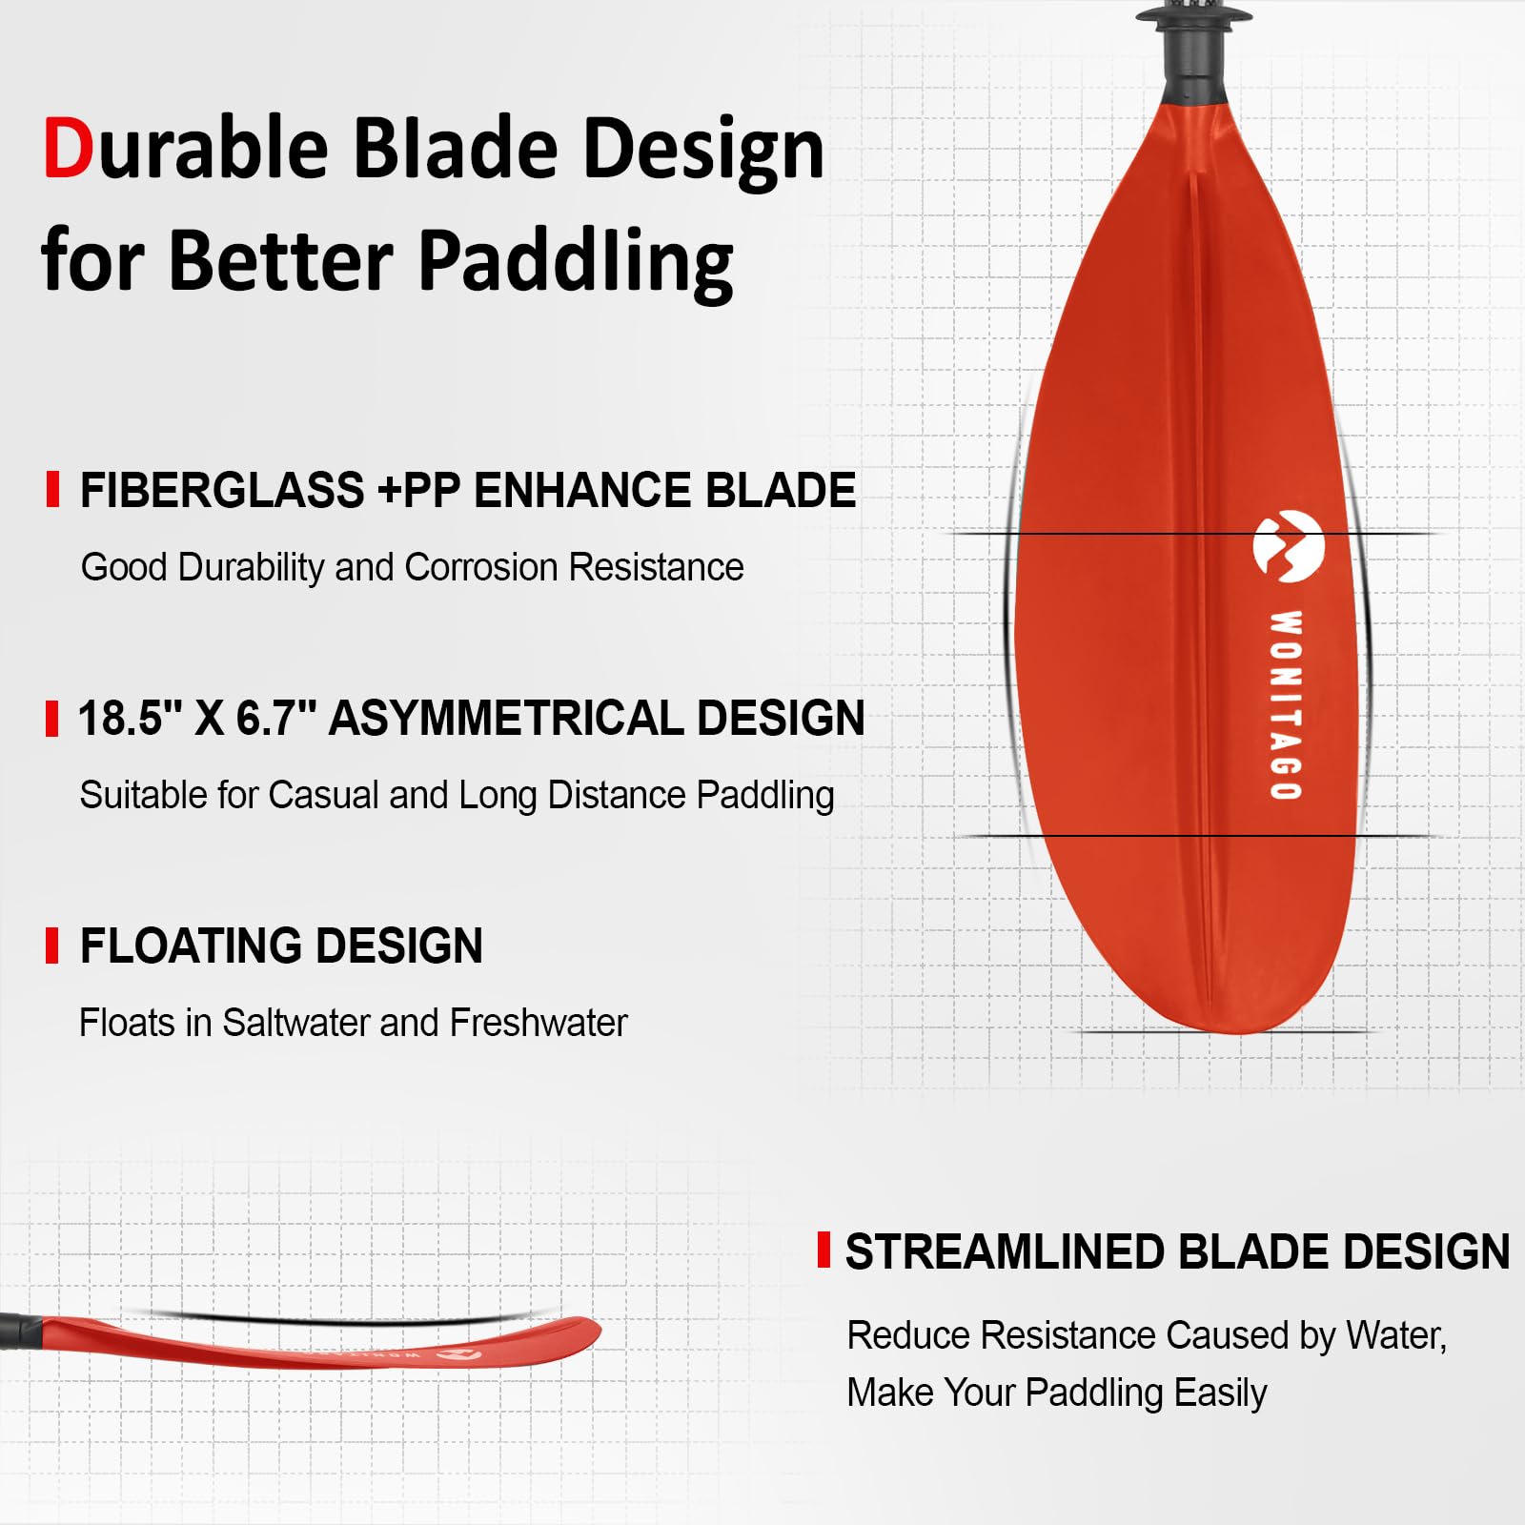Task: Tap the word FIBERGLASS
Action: pyautogui.click(x=222, y=491)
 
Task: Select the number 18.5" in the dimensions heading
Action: pyautogui.click(x=129, y=718)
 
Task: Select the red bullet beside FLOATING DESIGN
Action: pyautogui.click(x=52, y=945)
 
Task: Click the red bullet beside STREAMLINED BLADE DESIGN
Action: pyautogui.click(x=823, y=1250)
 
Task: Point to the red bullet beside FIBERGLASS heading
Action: pyautogui.click(x=52, y=489)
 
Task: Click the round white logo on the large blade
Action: pyautogui.click(x=1288, y=546)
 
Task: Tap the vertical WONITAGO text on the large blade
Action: pyautogui.click(x=1286, y=704)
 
